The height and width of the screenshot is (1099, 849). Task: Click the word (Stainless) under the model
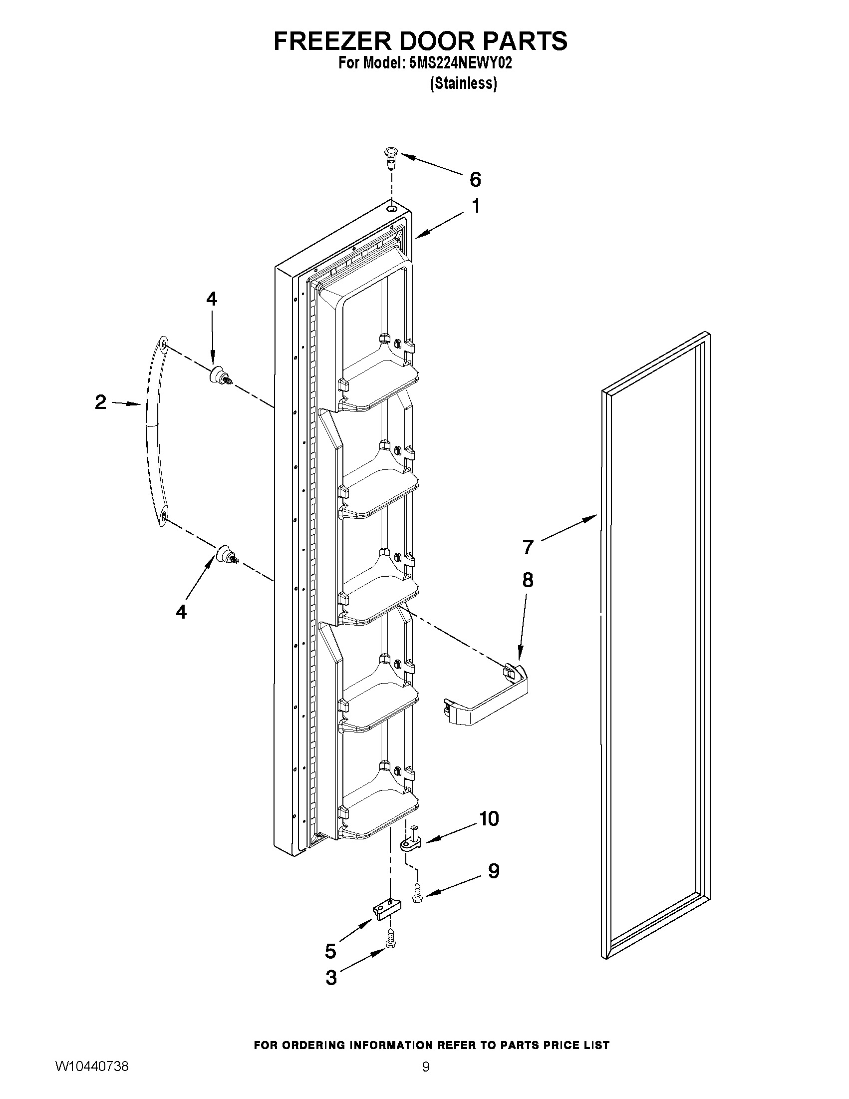point(463,83)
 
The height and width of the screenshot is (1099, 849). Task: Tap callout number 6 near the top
point(475,179)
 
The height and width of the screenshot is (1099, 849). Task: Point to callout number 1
point(475,206)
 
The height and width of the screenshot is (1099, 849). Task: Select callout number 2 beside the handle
point(101,402)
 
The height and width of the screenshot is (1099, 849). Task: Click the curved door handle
point(150,433)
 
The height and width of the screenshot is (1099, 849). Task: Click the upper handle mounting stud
point(220,375)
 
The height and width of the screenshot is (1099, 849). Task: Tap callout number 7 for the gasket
point(527,546)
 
